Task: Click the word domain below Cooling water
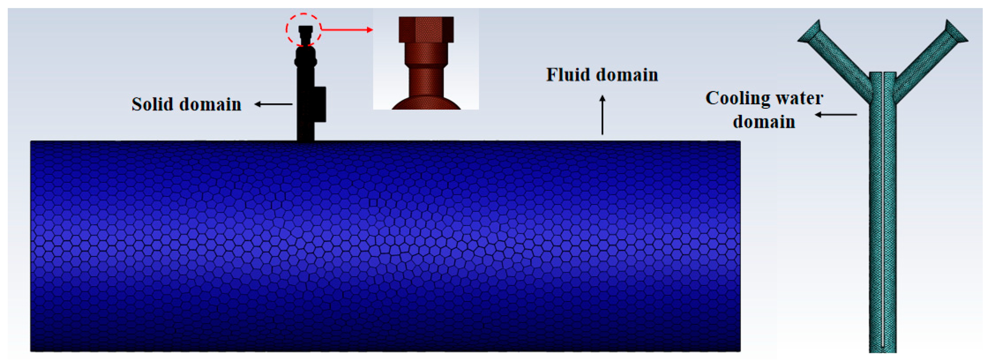pyautogui.click(x=764, y=122)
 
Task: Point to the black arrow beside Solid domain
pyautogui.click(x=273, y=104)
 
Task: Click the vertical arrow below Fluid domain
pyautogui.click(x=602, y=115)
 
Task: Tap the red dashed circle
pyautogui.click(x=303, y=15)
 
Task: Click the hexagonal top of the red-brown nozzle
pyautogui.click(x=426, y=29)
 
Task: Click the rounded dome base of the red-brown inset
pyautogui.click(x=426, y=103)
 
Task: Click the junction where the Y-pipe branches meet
pyautogui.click(x=883, y=88)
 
